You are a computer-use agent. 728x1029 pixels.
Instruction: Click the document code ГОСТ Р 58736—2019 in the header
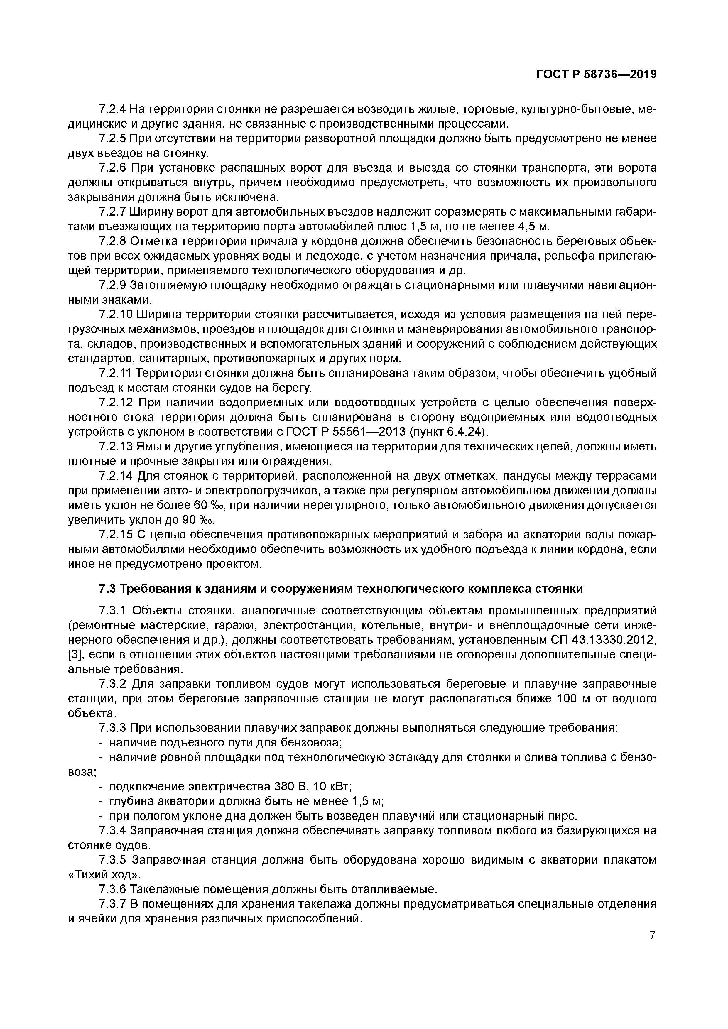click(x=596, y=75)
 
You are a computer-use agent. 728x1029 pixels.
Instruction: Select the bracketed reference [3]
click(x=75, y=655)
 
